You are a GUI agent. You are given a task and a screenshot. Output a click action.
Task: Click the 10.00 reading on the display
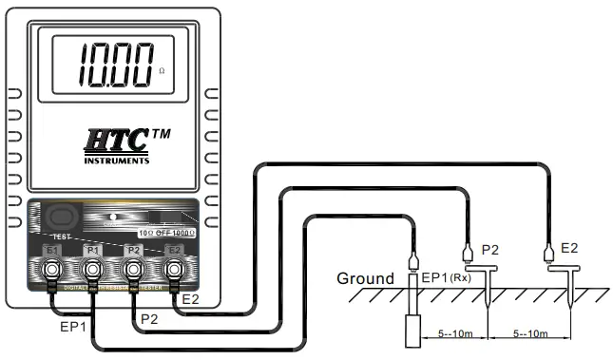[x=115, y=65]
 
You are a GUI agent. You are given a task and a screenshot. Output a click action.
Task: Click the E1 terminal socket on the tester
[x=52, y=273]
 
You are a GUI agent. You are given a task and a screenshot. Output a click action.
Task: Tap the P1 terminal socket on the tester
[x=92, y=273]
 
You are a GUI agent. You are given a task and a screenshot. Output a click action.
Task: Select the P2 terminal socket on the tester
[x=133, y=273]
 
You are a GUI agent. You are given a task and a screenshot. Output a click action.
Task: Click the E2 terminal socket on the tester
[x=174, y=273]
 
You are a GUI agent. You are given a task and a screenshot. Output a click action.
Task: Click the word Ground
[x=365, y=279]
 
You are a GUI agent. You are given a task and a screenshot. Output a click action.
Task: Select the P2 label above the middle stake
[x=490, y=250]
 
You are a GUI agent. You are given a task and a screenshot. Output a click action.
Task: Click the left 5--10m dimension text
[x=450, y=333]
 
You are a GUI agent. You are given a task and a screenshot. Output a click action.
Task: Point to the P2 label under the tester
[x=149, y=317]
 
